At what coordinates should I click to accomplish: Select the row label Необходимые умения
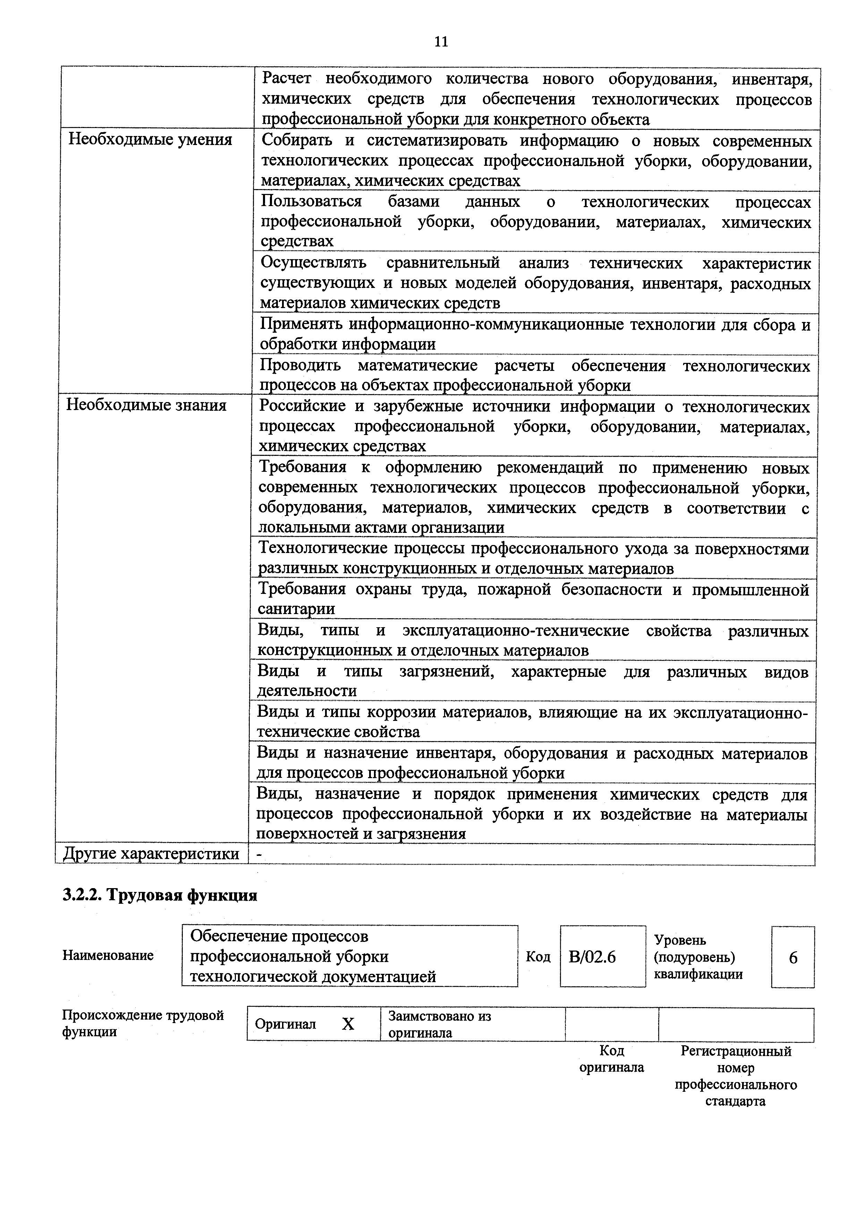coord(151,139)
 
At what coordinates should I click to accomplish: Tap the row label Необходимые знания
coord(146,406)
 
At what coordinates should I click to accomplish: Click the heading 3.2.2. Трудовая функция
coord(160,895)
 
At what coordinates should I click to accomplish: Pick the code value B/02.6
coord(592,957)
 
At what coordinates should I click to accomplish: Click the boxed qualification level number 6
coord(793,957)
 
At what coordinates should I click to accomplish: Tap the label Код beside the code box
coord(538,957)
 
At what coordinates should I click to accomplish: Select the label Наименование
coord(108,955)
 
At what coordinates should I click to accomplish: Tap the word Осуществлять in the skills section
coord(313,263)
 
